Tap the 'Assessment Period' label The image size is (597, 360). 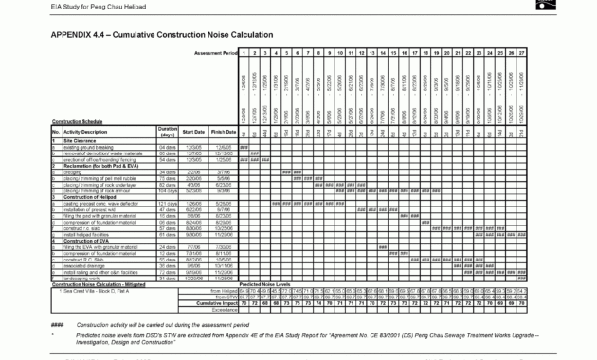click(215, 52)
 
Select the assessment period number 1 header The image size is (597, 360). click(244, 52)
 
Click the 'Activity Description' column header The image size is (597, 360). click(94, 132)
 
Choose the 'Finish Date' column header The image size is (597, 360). click(224, 132)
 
